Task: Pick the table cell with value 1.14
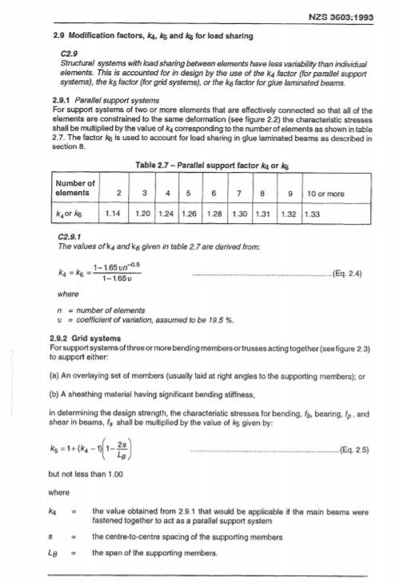click(x=113, y=214)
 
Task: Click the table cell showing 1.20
click(x=144, y=214)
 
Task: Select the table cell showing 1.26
click(x=190, y=214)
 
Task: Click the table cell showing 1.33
click(x=313, y=214)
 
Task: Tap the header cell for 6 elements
click(x=214, y=193)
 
